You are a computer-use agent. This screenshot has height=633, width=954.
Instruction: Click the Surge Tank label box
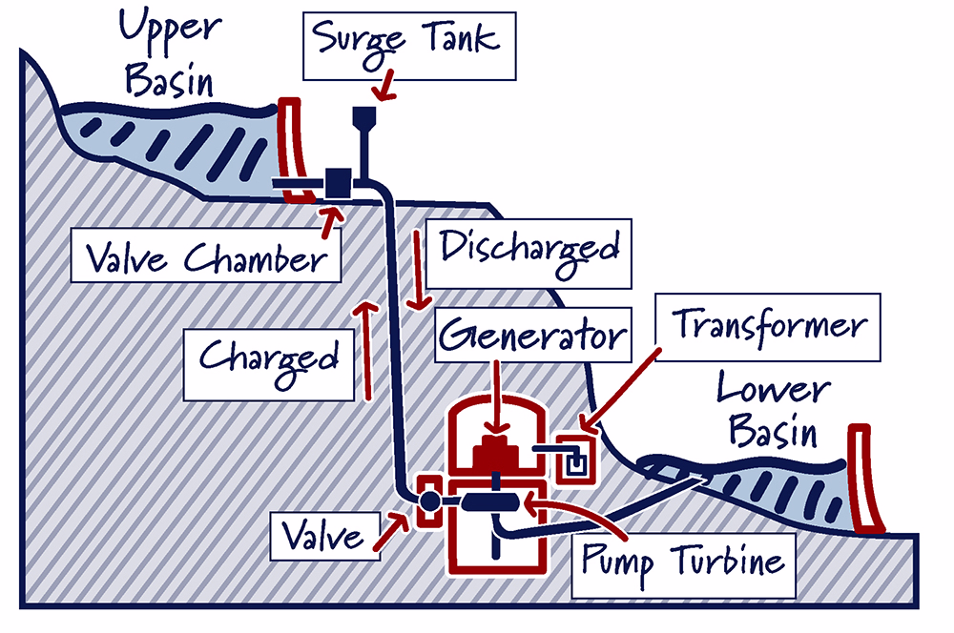click(x=409, y=46)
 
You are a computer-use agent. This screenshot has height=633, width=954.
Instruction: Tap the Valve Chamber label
click(x=206, y=255)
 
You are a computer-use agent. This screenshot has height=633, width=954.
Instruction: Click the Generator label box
click(x=533, y=335)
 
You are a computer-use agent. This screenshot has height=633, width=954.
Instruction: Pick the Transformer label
click(x=768, y=327)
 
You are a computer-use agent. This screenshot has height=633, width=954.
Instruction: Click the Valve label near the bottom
click(x=325, y=536)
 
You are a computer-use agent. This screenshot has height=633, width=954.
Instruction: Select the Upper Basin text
click(x=169, y=53)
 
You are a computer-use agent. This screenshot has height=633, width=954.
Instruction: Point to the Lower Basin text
click(x=774, y=409)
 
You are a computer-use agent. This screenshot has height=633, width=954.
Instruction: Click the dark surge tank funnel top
click(x=364, y=116)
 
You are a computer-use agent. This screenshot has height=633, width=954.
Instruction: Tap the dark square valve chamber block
click(x=339, y=182)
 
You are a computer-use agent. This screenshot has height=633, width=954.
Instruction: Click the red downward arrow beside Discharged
click(x=418, y=270)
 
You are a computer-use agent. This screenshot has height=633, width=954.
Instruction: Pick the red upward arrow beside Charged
click(x=366, y=350)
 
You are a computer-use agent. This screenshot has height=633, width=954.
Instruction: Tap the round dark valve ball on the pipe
click(x=429, y=501)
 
